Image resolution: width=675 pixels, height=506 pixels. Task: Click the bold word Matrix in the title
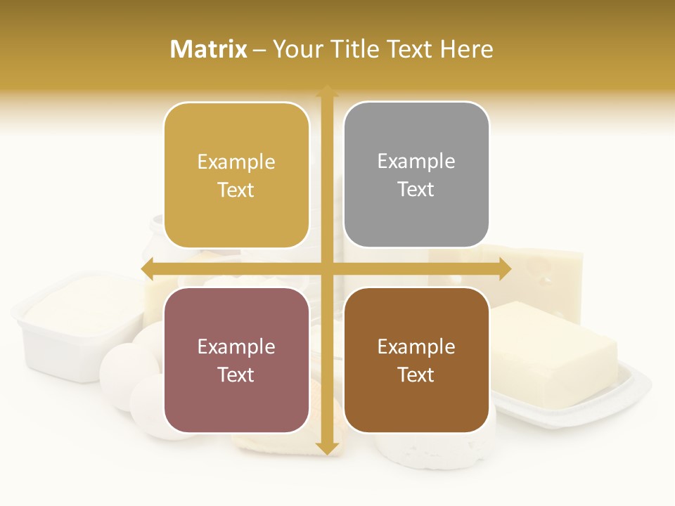click(x=209, y=49)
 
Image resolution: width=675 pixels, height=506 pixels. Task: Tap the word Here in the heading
click(x=466, y=49)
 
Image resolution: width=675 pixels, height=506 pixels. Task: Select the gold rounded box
click(x=236, y=176)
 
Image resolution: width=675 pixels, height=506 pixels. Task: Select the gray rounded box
click(x=416, y=175)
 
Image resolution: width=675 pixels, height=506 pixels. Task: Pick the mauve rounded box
click(x=236, y=360)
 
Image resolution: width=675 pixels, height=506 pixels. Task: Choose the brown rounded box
click(x=416, y=360)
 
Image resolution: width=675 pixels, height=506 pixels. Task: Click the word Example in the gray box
click(x=416, y=162)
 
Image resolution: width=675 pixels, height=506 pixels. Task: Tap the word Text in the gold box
click(x=236, y=190)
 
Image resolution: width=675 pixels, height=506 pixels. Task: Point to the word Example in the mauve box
click(x=236, y=346)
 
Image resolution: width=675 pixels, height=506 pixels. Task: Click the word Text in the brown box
click(x=416, y=375)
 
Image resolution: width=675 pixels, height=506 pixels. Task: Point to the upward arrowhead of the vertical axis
click(x=326, y=91)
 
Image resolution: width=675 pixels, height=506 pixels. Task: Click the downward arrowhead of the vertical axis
click(x=326, y=447)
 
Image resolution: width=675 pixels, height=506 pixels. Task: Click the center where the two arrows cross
click(x=326, y=269)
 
